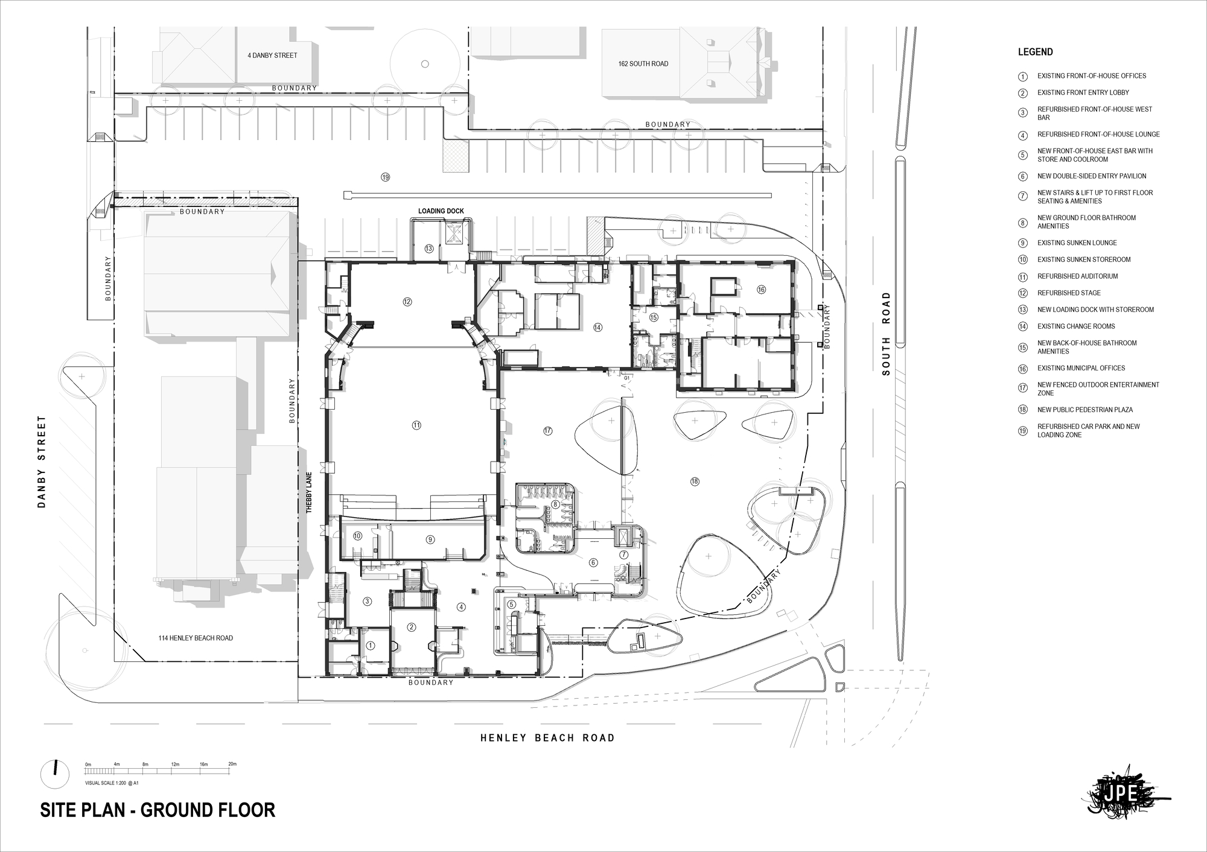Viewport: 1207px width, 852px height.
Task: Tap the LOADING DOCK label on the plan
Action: click(x=441, y=211)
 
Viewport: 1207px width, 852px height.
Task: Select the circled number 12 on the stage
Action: click(x=407, y=302)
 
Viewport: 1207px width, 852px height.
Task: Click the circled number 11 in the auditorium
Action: click(x=416, y=425)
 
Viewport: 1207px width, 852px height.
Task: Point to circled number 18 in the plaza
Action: click(x=695, y=482)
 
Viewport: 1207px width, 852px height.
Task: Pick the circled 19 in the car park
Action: click(x=386, y=177)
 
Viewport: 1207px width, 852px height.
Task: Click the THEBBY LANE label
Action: click(x=309, y=492)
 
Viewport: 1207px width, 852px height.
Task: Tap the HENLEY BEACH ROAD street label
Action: click(x=547, y=737)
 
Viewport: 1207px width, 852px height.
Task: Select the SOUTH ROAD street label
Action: click(x=886, y=334)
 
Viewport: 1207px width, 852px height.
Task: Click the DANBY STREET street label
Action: click(x=42, y=461)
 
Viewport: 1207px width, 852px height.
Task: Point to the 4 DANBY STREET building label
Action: click(x=272, y=56)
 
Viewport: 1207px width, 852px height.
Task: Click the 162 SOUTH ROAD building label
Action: click(x=643, y=64)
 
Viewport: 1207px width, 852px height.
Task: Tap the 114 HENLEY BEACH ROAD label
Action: click(x=196, y=638)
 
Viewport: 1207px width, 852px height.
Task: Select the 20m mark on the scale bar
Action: click(x=232, y=765)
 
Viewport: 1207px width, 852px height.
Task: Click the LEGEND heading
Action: click(x=1035, y=52)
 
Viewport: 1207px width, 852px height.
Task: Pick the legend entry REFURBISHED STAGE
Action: click(x=1069, y=293)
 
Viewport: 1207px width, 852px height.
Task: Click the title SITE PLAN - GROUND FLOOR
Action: click(x=158, y=810)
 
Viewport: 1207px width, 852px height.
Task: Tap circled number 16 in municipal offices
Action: click(x=761, y=290)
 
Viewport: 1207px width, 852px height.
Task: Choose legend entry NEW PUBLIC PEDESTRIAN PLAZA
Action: click(x=1084, y=410)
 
